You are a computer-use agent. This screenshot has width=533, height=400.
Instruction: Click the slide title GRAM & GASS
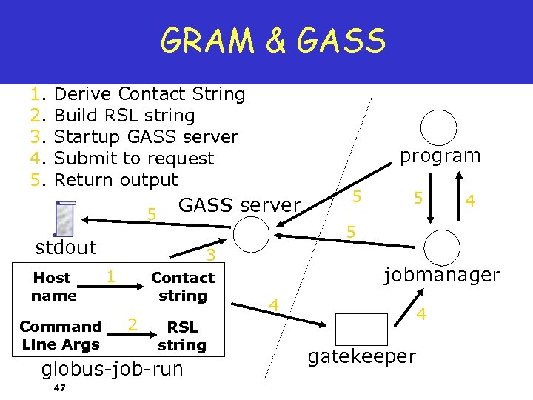(272, 41)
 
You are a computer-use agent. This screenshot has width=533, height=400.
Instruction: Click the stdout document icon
(64, 219)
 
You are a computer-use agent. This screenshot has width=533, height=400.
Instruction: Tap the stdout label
(66, 247)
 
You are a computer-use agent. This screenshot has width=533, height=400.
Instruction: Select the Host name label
(53, 287)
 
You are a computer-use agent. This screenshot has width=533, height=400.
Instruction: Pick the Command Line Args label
(61, 335)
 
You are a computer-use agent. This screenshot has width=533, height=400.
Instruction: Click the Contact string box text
(182, 287)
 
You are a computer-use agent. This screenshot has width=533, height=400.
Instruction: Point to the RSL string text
(182, 336)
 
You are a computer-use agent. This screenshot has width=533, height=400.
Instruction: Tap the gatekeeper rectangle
(361, 329)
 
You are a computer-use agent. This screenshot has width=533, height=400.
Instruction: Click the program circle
(440, 128)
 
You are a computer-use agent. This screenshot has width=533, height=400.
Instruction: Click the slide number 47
(60, 388)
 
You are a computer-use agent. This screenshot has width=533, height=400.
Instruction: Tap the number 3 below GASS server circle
(211, 256)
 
